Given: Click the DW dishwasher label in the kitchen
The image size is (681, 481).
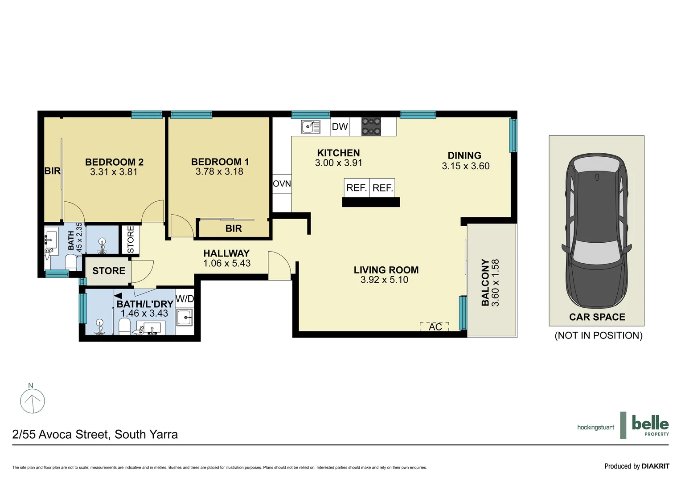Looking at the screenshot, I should click(340, 127).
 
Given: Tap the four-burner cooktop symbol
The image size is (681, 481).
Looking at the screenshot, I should click(371, 126).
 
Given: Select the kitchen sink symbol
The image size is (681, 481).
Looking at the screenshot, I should click(311, 127).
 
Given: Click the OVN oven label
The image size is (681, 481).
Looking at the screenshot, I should click(282, 184).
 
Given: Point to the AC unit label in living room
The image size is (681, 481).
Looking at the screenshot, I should click(435, 327).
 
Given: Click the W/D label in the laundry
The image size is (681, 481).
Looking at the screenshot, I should click(185, 299).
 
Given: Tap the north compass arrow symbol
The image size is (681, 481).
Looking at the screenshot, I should click(33, 400).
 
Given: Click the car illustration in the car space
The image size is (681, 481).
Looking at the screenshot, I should click(596, 232).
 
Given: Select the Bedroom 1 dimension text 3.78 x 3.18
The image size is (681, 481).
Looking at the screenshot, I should click(219, 172).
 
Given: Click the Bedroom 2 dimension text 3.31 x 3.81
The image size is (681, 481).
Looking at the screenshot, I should click(114, 172).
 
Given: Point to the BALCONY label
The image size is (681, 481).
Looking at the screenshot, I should click(485, 282).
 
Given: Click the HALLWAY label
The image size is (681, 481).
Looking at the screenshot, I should click(226, 253).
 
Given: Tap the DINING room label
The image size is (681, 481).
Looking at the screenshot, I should click(464, 156).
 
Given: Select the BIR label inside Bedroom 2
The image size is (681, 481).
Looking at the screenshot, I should click(52, 171).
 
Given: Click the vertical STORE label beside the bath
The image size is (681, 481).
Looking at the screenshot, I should click(131, 240).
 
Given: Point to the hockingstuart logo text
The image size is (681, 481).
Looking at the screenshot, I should click(595, 428).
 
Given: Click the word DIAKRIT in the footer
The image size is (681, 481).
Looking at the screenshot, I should click(655, 466).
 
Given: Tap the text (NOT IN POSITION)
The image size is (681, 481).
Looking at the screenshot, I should click(598, 336).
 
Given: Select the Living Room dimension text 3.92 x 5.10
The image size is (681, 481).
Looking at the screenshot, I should click(384, 280).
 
